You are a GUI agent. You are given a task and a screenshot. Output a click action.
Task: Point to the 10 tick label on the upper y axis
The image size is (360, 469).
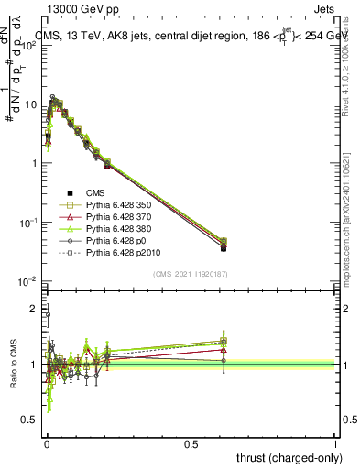(x=30, y=105)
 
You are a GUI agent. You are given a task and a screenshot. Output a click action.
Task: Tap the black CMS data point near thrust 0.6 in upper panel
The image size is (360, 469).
(x=224, y=247)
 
